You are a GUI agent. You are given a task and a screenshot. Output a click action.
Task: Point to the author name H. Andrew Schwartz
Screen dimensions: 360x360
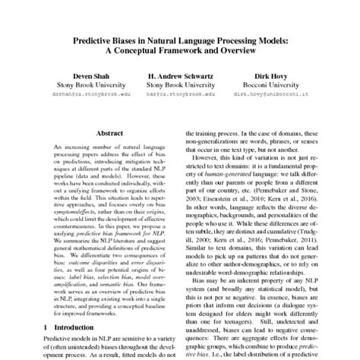coord(179,76)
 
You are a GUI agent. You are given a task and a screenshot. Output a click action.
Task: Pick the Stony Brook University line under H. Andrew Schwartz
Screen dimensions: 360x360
coord(179,86)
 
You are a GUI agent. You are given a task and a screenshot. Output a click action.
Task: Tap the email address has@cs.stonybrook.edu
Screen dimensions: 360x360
coord(179,96)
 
